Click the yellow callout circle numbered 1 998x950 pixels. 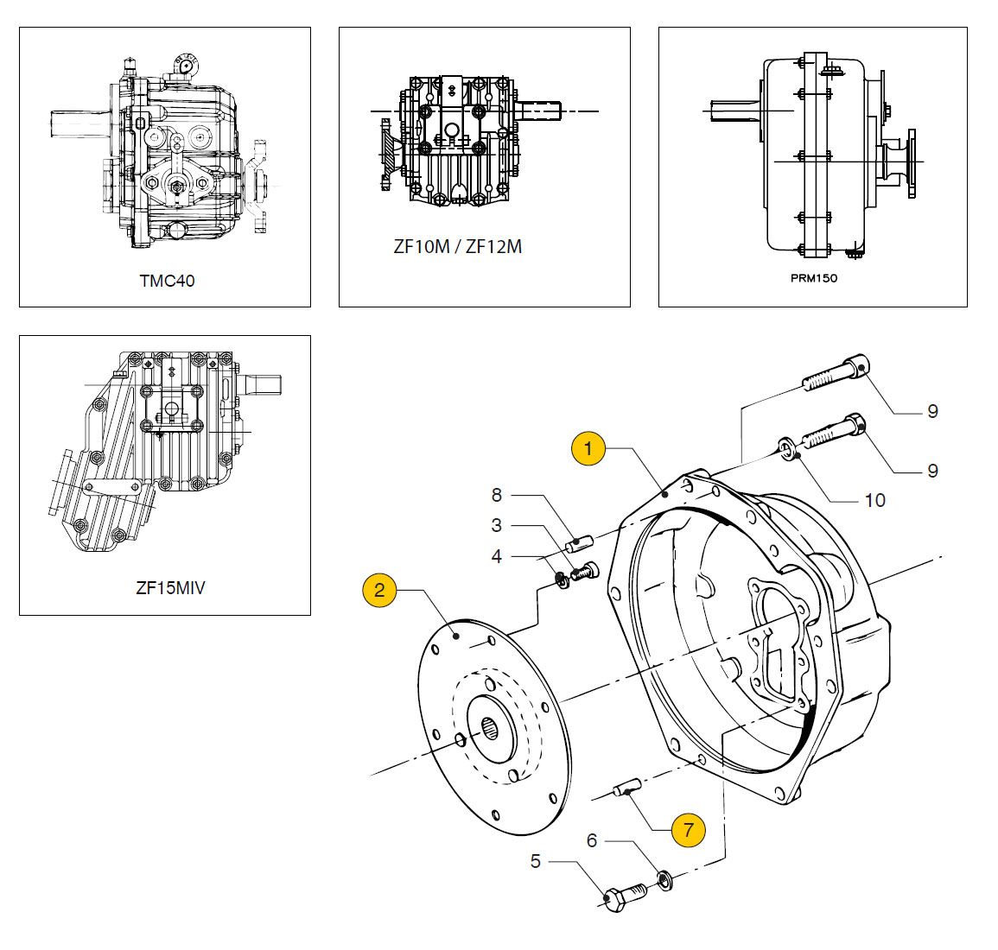(x=588, y=449)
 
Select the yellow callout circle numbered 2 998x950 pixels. (x=380, y=591)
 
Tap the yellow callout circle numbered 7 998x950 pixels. (x=688, y=830)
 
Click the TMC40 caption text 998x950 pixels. (x=167, y=281)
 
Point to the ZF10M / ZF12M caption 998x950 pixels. (x=457, y=247)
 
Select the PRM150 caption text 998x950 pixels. (x=813, y=278)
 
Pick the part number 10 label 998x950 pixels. (x=874, y=500)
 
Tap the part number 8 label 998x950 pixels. (x=497, y=495)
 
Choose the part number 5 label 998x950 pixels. (x=536, y=861)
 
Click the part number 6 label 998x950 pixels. (x=592, y=839)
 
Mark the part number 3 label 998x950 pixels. (x=497, y=525)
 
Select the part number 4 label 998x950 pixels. (x=497, y=556)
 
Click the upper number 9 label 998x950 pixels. (x=932, y=411)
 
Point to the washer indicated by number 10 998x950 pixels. (x=787, y=447)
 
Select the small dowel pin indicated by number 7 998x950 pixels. (x=625, y=788)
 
